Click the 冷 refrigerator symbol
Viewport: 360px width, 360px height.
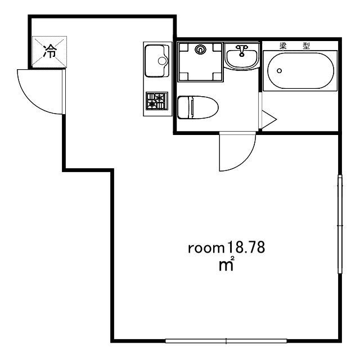(49, 52)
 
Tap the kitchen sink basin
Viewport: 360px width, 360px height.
(157, 61)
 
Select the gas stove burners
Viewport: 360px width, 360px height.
(157, 101)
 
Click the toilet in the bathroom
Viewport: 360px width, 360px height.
(197, 107)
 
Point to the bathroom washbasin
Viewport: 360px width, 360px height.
(241, 57)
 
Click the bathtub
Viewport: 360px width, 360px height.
(301, 71)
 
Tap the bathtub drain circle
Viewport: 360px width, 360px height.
(279, 71)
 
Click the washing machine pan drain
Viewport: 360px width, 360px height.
(200, 49)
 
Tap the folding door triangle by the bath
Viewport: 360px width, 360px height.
(269, 119)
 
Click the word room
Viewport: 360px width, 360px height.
(206, 249)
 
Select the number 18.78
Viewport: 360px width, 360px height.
(246, 247)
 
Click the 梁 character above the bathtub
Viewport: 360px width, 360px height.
(283, 46)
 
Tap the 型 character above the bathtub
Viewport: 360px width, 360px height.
(306, 46)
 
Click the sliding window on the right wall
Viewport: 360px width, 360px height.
(340, 224)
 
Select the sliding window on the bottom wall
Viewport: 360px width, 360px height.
(226, 341)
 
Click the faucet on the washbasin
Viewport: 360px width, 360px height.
(241, 50)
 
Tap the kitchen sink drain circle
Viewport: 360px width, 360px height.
(162, 61)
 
